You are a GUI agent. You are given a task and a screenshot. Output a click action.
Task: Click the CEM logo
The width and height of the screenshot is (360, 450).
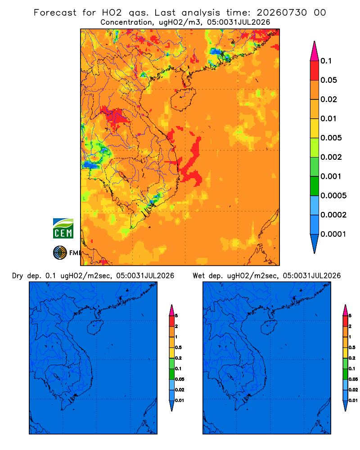pos(63,229)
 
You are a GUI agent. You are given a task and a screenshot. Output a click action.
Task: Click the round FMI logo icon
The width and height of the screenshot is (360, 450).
pos(60,253)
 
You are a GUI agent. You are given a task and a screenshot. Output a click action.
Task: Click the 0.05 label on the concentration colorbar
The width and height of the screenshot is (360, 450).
pos(328,80)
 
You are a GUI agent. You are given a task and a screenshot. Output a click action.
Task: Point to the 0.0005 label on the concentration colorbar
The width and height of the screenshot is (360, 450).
pos(333,196)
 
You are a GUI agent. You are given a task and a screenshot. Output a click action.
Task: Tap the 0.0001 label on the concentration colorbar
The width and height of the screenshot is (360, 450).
pos(333,234)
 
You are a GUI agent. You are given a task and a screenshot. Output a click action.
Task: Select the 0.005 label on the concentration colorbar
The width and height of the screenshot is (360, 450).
pos(331,138)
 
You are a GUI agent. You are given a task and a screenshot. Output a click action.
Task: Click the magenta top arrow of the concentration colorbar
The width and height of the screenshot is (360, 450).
pos(315,51)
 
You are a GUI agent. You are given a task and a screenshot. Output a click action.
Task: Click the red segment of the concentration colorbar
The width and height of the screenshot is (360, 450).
pos(315,70)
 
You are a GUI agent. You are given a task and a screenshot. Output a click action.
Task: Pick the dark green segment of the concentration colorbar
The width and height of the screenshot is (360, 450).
pos(315,186)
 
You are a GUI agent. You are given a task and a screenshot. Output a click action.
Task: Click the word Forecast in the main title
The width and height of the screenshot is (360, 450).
pos(55,13)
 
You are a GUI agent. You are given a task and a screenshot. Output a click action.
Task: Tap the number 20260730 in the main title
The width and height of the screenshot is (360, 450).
pos(282,13)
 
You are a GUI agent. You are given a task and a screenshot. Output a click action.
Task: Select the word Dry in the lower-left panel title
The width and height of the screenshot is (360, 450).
pos(18,276)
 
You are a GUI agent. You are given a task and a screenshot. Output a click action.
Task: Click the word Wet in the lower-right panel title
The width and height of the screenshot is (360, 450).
pos(198,276)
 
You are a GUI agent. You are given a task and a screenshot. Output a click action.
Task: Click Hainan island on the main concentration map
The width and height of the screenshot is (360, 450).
pos(183,99)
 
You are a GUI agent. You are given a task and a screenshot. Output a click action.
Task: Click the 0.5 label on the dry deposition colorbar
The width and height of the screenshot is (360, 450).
pos(178,347)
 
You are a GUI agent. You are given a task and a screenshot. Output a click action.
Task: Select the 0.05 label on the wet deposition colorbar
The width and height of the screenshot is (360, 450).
pos(353,379)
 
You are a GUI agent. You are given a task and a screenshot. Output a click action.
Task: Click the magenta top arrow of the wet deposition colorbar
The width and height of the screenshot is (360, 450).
pos(345,310)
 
